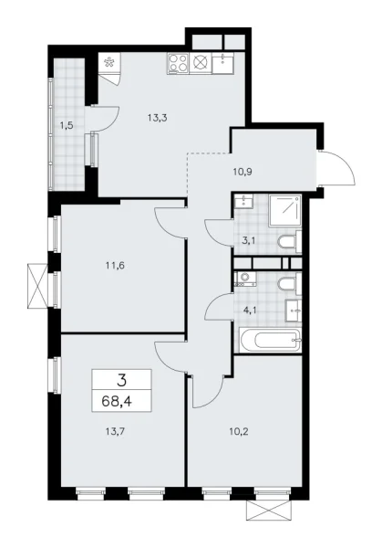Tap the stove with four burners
click(177, 65)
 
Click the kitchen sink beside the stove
click(222, 64)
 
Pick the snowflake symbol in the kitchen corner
click(110, 64)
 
